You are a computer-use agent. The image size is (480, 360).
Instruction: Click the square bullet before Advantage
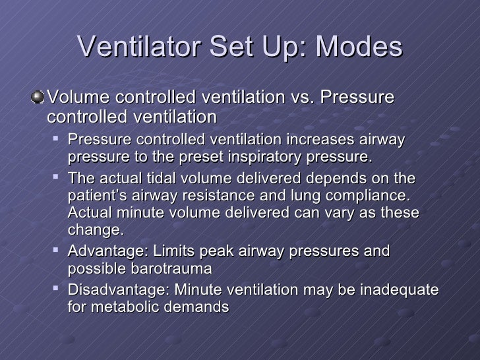coord(58,251)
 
